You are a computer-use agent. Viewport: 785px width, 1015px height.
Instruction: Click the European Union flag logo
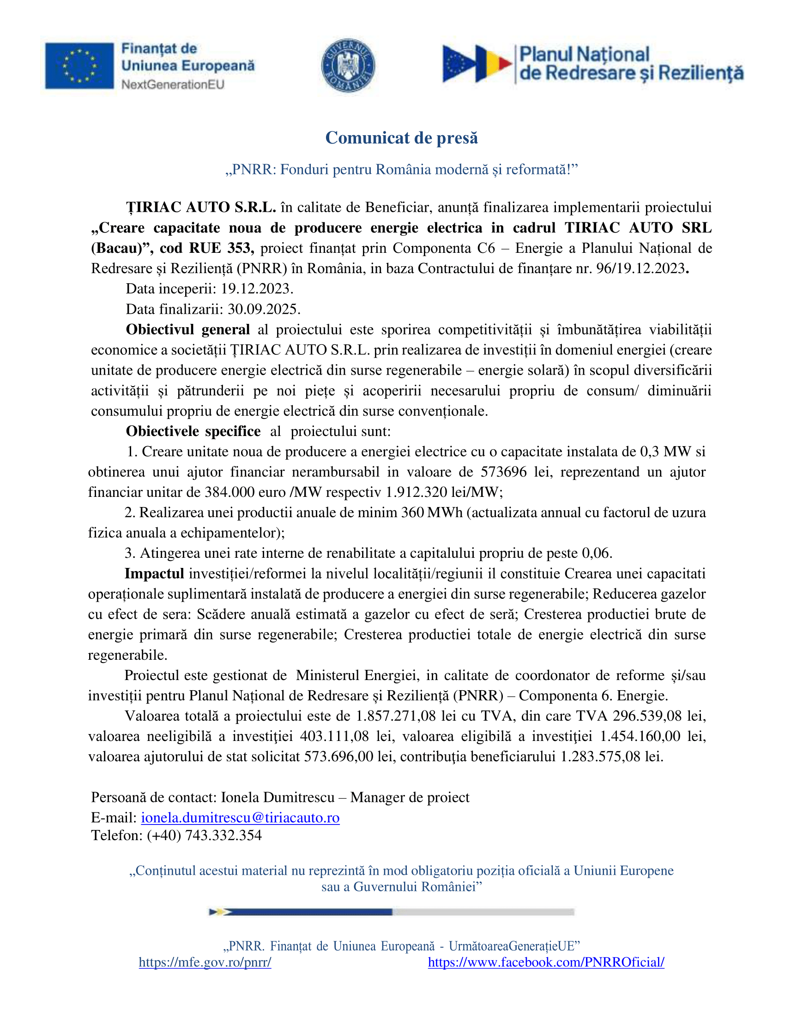coord(79,66)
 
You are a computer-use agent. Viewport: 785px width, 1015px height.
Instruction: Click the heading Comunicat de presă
coord(401,138)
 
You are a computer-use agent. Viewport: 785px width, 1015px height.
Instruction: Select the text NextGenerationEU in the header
coord(173,84)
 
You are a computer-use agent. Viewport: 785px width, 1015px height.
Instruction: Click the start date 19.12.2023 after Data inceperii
coord(256,289)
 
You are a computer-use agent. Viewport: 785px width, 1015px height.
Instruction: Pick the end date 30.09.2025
coord(264,310)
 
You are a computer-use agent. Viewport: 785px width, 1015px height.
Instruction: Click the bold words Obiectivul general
coord(188,330)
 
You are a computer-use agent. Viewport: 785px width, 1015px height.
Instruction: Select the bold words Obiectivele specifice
coord(193,432)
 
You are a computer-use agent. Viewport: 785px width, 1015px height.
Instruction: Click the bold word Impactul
coord(154,574)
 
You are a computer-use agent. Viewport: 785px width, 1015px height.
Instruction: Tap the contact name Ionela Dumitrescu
coord(278,798)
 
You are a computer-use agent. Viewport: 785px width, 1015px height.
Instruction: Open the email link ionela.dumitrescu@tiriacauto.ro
coord(240,818)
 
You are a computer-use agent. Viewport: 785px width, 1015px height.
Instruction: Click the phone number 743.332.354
coord(223,836)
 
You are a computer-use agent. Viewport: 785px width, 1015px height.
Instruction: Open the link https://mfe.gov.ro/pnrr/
coord(205,962)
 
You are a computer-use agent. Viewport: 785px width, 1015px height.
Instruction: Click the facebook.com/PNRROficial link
coord(546,962)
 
